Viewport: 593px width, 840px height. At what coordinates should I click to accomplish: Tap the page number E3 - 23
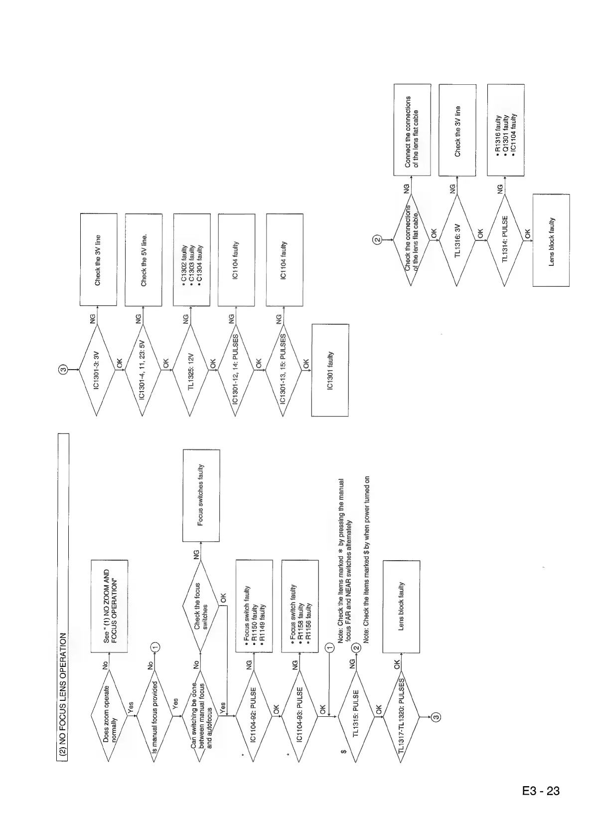tap(541, 791)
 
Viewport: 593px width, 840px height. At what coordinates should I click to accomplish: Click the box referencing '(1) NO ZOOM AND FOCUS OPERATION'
tap(109, 606)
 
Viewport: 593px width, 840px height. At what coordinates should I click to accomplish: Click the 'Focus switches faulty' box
tap(201, 495)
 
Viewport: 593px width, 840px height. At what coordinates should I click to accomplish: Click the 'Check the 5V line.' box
tap(144, 260)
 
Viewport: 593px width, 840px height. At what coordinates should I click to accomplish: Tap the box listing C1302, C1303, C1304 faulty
tap(192, 260)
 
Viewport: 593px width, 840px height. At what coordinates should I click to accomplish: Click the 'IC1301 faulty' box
tap(330, 370)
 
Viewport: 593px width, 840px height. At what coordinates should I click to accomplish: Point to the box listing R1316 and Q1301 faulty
tap(505, 130)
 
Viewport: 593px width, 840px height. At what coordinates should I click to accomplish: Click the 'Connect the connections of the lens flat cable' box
tap(412, 130)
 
